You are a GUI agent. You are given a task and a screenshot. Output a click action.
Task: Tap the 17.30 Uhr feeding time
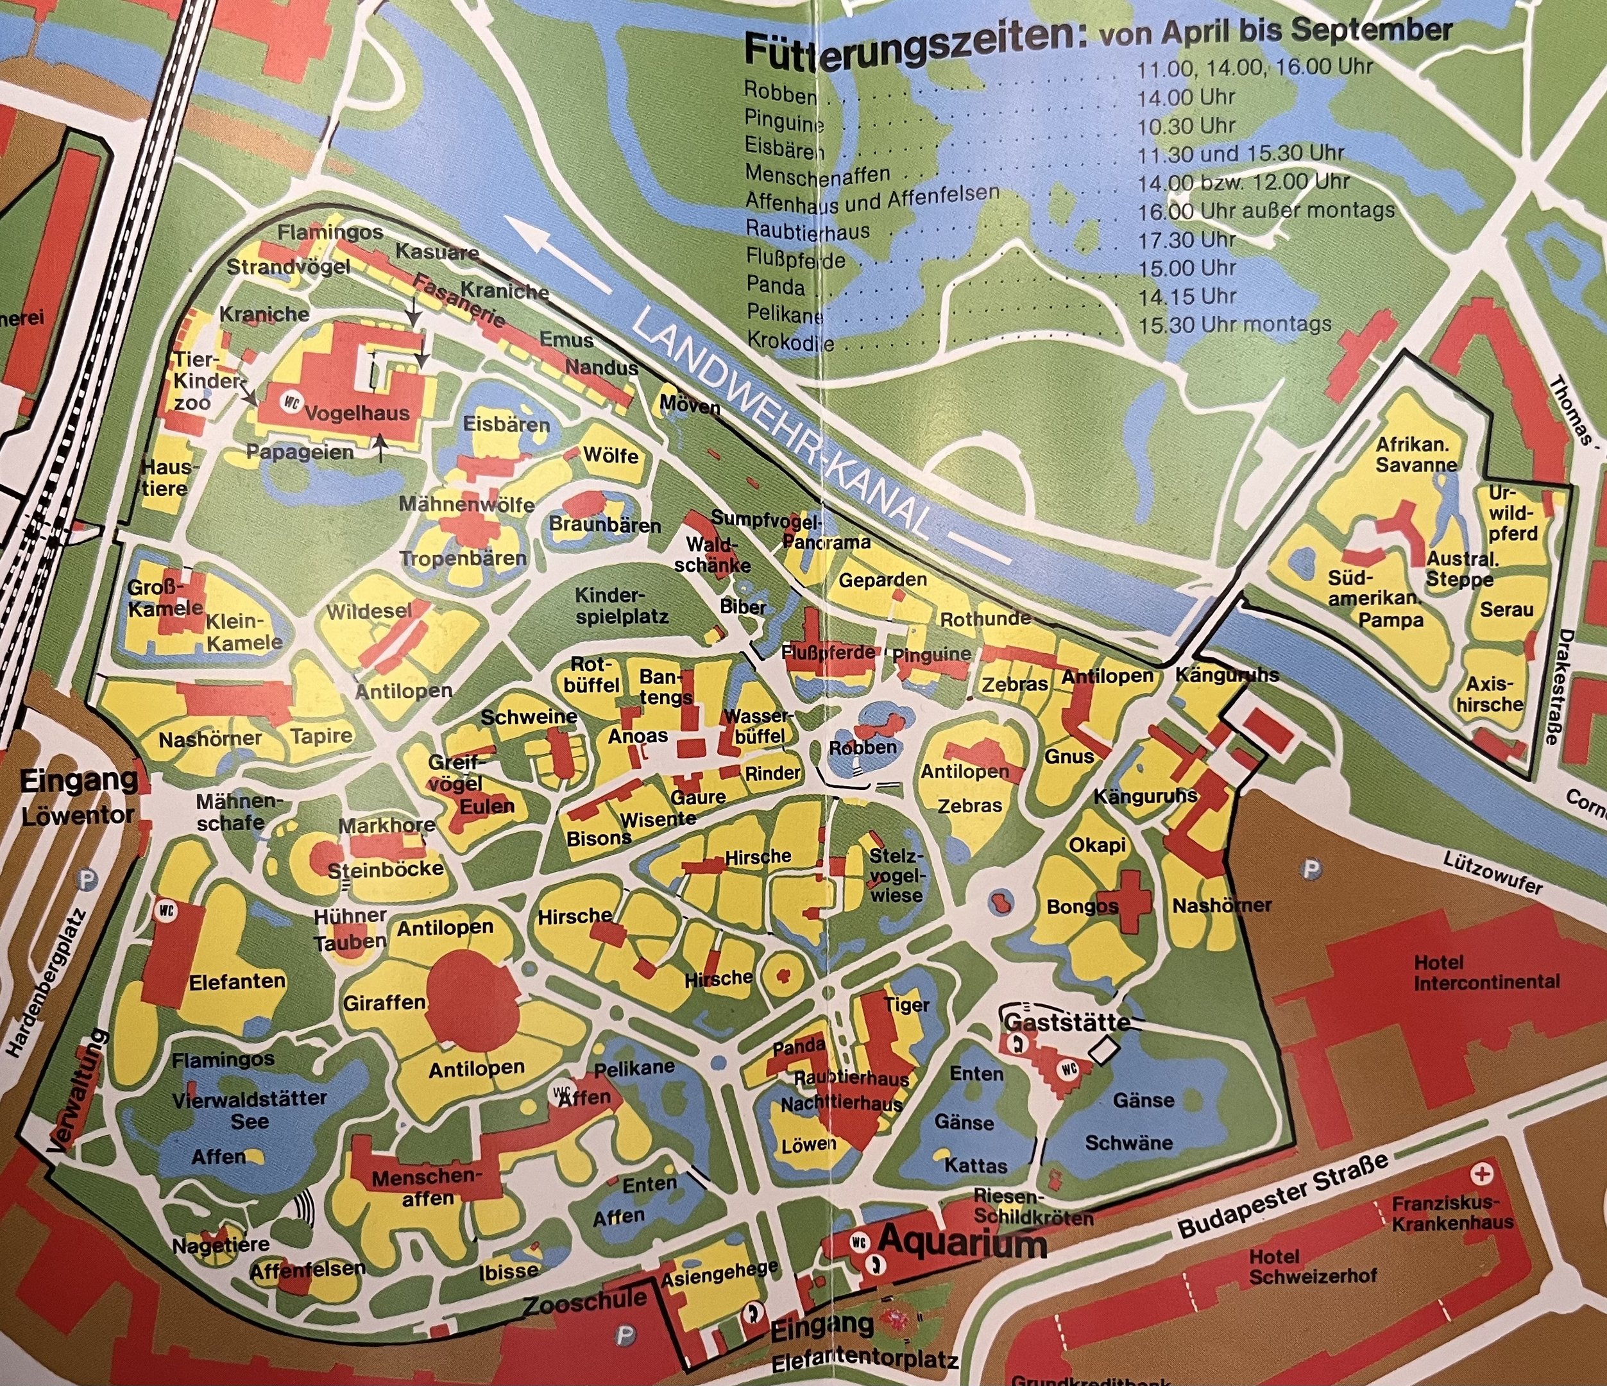(x=1187, y=239)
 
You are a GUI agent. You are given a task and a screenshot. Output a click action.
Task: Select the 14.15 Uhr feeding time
(x=1187, y=296)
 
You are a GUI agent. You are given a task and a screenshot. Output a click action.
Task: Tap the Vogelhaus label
(x=357, y=413)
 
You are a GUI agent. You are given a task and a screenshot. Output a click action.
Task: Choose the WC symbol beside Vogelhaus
(x=293, y=404)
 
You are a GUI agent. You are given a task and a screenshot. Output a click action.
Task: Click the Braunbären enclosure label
(x=605, y=525)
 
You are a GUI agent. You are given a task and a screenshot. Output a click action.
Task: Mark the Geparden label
(x=883, y=579)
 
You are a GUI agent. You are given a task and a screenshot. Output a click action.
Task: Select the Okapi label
(x=1098, y=844)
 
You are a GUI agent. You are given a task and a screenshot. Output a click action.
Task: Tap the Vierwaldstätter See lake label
(x=249, y=1110)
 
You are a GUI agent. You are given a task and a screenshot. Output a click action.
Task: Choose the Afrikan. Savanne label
(x=1416, y=454)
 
